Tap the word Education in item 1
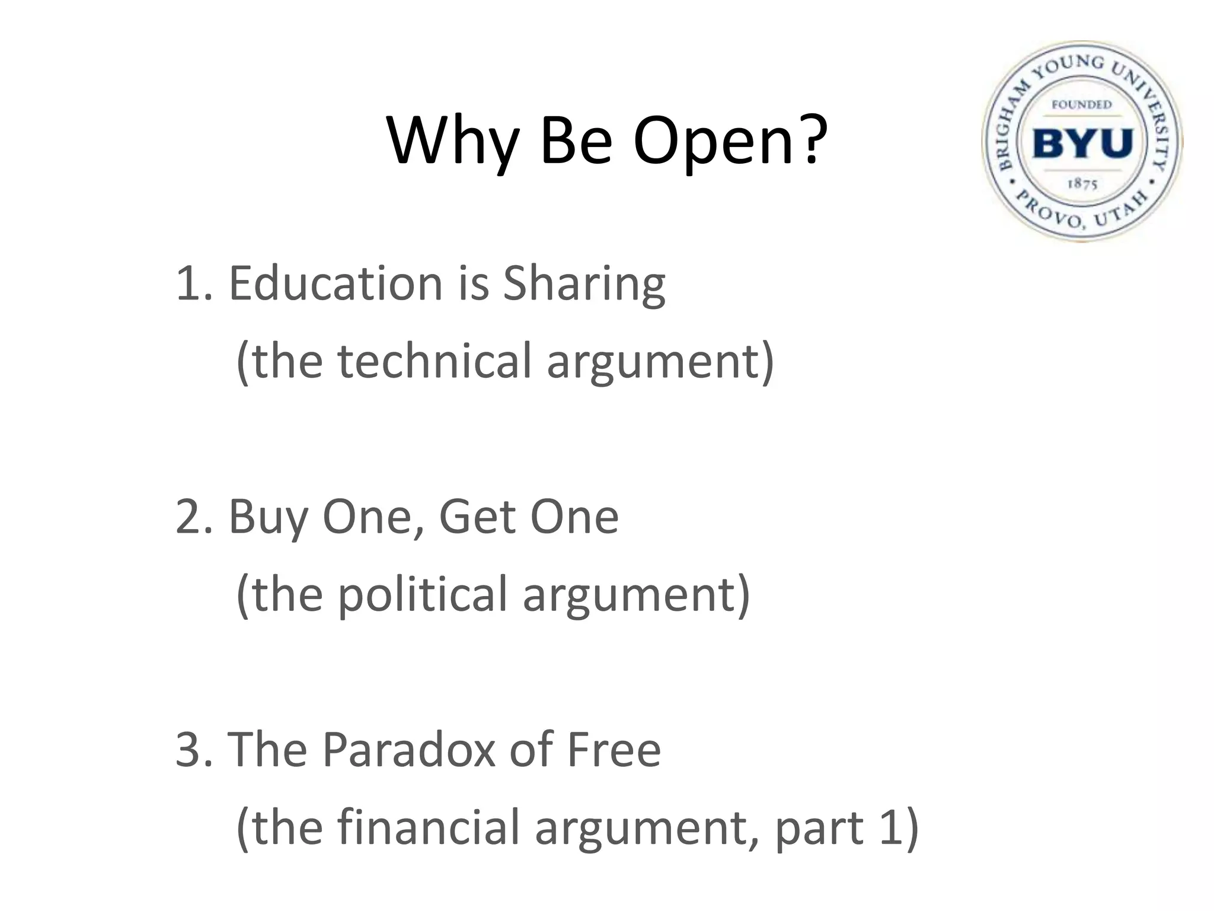[x=336, y=284]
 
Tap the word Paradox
[x=408, y=750]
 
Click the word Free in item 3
[x=614, y=750]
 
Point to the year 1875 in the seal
[x=1082, y=184]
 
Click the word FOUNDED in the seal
[x=1082, y=105]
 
